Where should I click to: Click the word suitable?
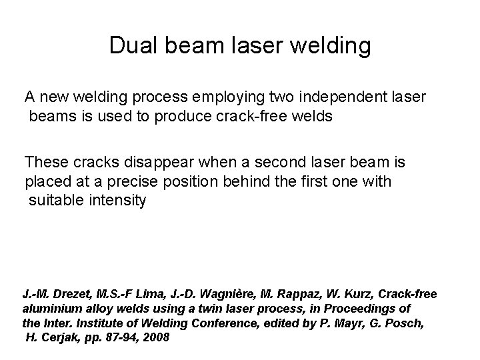coord(55,200)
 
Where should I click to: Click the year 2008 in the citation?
coord(158,337)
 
